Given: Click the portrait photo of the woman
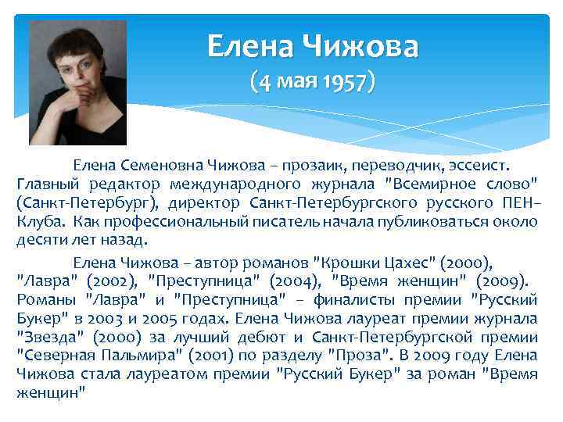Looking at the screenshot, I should point(77,83).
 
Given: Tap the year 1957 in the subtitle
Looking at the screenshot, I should point(347,81).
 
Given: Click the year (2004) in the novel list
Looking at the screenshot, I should point(291,279).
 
